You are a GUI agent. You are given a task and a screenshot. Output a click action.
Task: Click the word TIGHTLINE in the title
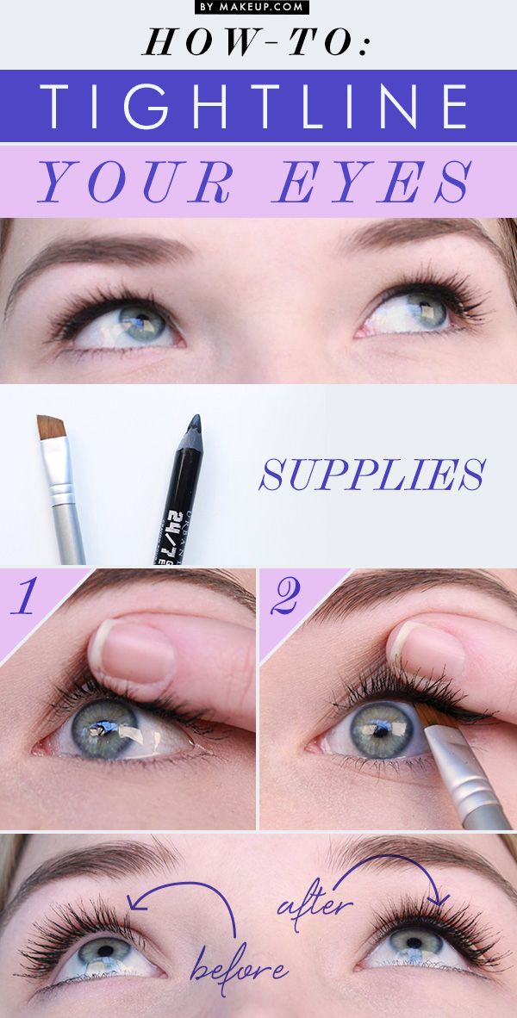pos(258,107)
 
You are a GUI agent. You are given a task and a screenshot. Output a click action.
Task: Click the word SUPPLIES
pos(372,475)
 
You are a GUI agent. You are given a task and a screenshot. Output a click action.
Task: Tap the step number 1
pos(25,598)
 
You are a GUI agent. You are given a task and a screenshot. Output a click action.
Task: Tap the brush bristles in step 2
pos(427,719)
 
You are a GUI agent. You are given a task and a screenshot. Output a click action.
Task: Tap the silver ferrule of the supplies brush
pos(62,495)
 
